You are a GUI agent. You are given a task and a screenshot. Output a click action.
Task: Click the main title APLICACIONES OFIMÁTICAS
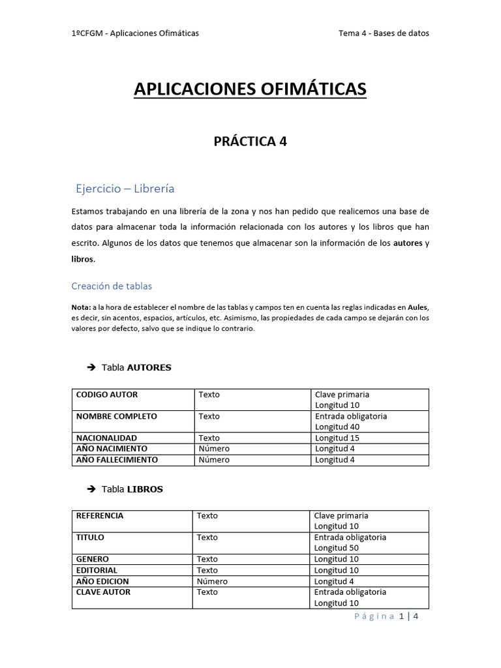pos(250,89)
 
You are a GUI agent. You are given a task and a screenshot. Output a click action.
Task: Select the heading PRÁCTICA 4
pos(250,142)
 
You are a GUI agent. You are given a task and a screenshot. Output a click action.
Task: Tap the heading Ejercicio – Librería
pos(125,189)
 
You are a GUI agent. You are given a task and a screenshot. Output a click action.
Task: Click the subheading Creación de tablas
pos(111,286)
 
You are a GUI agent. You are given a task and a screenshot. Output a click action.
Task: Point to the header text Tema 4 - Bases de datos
pos(384,33)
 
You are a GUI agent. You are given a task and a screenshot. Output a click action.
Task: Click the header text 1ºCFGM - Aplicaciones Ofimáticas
pos(135,33)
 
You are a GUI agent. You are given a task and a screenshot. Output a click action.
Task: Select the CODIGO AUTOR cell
pos(107,395)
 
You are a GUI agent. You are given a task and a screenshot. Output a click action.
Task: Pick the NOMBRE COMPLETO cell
pos(117,416)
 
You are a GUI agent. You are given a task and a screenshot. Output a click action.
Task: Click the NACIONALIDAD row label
pos(107,438)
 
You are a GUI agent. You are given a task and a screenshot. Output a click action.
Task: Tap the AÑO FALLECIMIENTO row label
pos(117,459)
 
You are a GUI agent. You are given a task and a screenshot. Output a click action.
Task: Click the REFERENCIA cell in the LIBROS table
pos(100,515)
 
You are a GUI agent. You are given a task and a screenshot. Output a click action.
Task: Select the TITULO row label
pos(90,538)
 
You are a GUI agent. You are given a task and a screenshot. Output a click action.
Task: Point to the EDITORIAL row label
pos(97,570)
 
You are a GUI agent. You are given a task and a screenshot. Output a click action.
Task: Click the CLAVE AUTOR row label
pos(103,592)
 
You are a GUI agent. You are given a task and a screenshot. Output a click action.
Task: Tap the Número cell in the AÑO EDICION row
pos(212,581)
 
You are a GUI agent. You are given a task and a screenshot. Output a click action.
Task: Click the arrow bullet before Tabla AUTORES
pos(91,368)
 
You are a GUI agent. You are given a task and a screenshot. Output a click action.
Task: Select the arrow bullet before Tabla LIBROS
pos(91,489)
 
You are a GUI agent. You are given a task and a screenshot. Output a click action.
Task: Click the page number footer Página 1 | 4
pos(386,616)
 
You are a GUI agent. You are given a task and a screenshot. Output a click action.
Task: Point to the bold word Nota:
pos(82,307)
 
